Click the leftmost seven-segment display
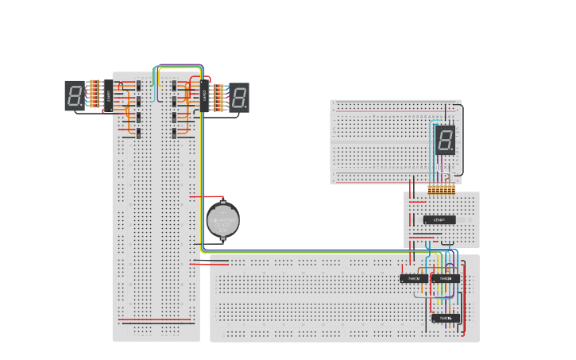[x=75, y=95]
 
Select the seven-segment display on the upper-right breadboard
[x=445, y=140]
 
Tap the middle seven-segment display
[x=238, y=96]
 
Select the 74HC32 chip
[x=414, y=279]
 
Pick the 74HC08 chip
[x=446, y=279]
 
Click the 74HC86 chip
[x=446, y=318]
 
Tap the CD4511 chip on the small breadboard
[x=439, y=219]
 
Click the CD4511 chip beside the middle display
[x=205, y=96]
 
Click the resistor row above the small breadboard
[x=441, y=189]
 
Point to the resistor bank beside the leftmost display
[x=95, y=95]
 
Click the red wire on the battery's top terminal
[x=213, y=196]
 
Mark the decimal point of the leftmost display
[x=81, y=104]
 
